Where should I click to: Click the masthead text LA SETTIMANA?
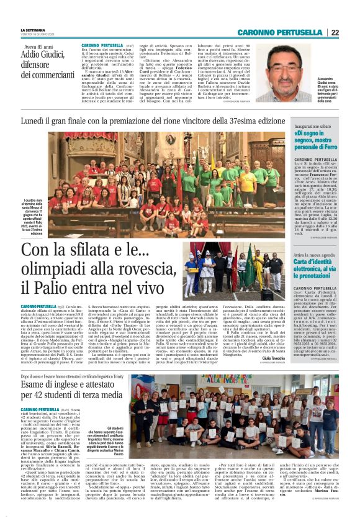coord(32,29)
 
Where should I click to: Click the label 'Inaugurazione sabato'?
coord(314,125)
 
